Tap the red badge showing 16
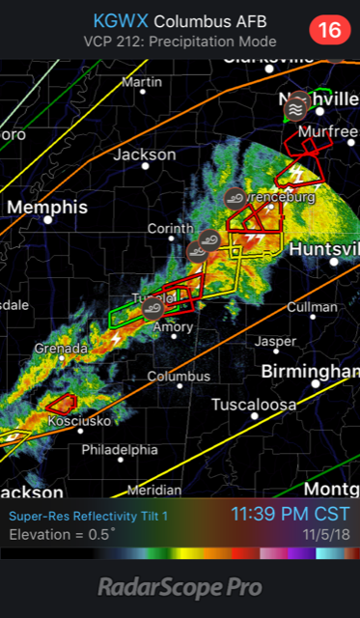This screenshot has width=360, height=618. (x=330, y=30)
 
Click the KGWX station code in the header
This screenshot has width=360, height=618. (x=121, y=21)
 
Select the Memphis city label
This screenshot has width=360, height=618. (x=48, y=208)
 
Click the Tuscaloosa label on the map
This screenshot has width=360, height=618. (x=254, y=405)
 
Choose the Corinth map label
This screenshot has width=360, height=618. (x=170, y=229)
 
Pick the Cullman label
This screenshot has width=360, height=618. (x=312, y=307)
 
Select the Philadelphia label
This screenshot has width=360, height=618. (x=119, y=449)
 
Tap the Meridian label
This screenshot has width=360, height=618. (x=153, y=490)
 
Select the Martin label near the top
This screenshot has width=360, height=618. (x=142, y=82)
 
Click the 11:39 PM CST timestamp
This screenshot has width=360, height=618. (x=290, y=515)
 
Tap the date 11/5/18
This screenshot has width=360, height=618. (x=327, y=534)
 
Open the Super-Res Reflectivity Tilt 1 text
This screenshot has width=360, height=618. (x=89, y=517)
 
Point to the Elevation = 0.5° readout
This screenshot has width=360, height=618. (x=62, y=534)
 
